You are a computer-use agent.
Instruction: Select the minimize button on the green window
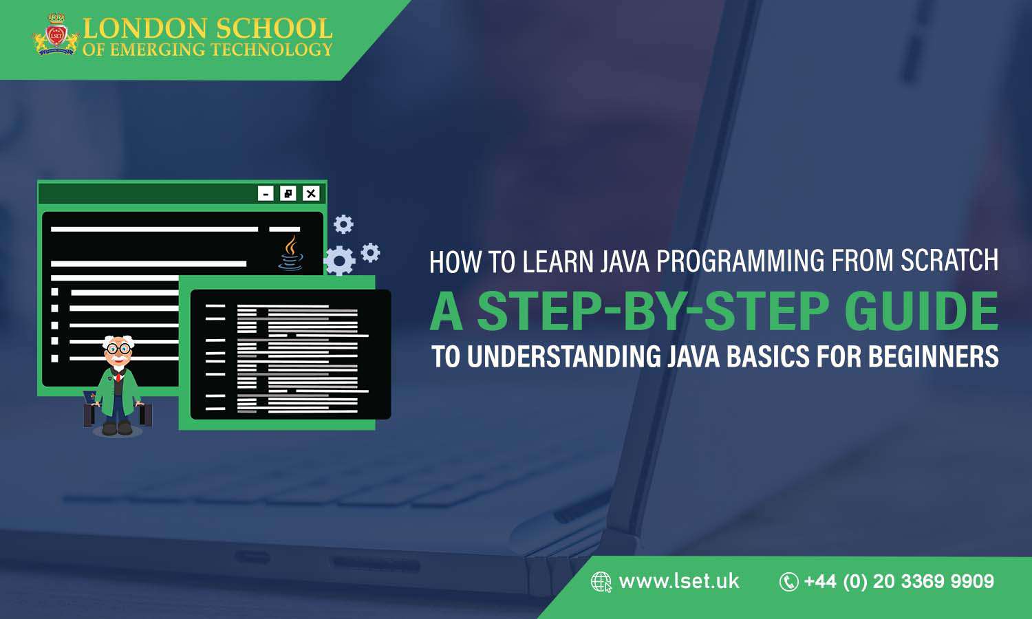point(266,194)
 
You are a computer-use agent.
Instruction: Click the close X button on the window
point(311,194)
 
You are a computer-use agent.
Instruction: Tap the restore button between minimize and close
point(288,194)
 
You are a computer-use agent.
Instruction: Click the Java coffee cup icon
point(291,254)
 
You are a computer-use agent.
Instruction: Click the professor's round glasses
point(118,349)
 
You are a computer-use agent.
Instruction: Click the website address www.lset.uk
point(678,582)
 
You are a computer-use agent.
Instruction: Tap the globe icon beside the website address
point(601,582)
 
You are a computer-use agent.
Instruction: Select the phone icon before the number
point(788,582)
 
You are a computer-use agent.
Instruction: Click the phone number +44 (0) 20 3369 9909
point(899,582)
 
